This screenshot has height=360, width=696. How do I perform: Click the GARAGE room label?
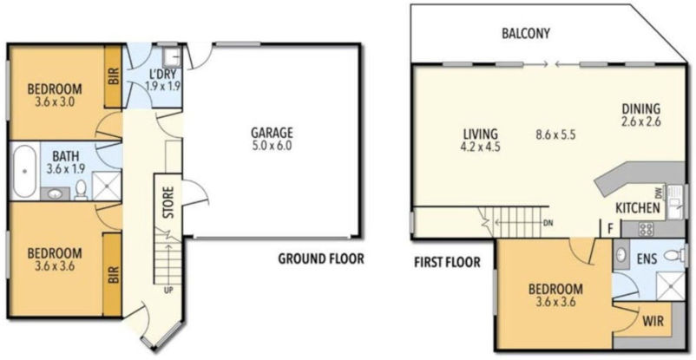point(272,133)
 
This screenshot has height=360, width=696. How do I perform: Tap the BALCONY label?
point(527,34)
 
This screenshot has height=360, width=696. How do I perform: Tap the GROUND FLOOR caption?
point(320,259)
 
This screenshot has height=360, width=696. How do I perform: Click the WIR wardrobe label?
point(653,321)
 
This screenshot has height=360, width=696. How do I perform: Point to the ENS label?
point(647,258)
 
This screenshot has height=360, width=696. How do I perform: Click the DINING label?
point(641,109)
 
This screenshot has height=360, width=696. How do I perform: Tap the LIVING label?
point(479,134)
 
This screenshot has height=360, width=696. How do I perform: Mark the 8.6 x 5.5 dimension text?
point(556,134)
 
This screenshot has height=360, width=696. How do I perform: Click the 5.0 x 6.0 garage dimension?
point(272,147)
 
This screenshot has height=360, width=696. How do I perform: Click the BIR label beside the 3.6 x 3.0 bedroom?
point(113,76)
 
